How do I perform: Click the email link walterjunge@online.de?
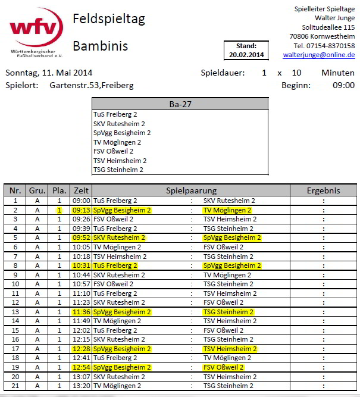(x=319, y=55)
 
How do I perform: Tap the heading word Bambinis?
(x=101, y=46)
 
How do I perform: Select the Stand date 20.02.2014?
(x=246, y=55)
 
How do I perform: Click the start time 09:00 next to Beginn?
(x=343, y=85)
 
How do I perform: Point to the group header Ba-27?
(x=180, y=104)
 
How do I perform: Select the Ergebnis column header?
(x=323, y=190)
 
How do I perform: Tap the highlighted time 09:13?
(x=81, y=210)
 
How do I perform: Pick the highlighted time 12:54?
(x=81, y=367)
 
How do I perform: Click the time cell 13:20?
(x=81, y=386)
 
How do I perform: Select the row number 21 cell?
(x=15, y=386)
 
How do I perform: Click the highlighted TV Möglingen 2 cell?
(x=227, y=210)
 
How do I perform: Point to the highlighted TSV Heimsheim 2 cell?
(x=230, y=349)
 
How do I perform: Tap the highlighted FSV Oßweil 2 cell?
(x=224, y=367)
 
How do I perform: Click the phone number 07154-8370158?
(x=332, y=46)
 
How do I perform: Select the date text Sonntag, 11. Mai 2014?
(x=49, y=73)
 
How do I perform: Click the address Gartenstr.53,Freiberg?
(x=92, y=85)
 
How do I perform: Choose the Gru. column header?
(x=37, y=190)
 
